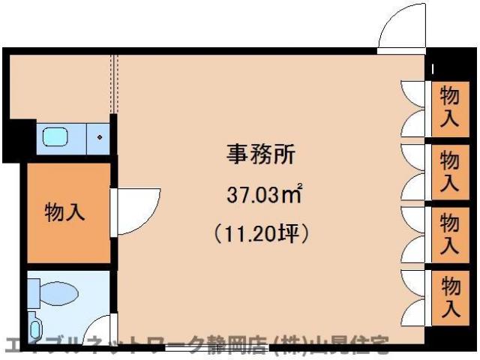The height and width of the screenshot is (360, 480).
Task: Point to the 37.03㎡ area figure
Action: [264, 196]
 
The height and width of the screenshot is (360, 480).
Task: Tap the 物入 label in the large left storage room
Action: [64, 212]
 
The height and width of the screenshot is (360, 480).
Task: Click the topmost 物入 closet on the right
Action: [449, 108]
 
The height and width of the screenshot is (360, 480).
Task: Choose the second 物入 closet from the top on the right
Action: [449, 171]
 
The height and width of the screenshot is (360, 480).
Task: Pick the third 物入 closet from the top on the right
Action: [449, 233]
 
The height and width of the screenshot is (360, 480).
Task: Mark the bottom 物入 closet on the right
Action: [449, 296]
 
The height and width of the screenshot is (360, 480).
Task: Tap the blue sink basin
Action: [55, 137]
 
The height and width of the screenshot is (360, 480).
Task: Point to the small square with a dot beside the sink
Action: [100, 138]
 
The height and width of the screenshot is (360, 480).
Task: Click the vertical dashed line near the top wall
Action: [115, 82]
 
